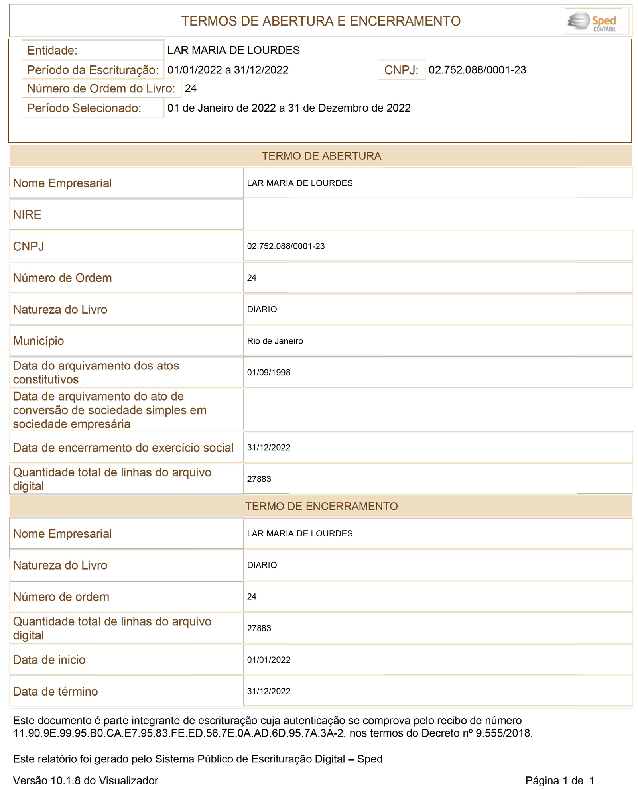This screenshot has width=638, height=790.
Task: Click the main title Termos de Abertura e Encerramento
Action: tap(321, 21)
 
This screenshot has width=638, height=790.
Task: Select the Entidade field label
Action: tap(52, 51)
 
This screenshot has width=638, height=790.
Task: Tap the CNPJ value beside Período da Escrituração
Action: tap(477, 70)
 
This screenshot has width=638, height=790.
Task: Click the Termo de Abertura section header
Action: tap(321, 156)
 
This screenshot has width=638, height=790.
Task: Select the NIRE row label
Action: tap(27, 214)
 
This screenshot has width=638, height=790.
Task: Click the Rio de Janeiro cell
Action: tap(275, 341)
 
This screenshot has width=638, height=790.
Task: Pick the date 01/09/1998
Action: tap(268, 372)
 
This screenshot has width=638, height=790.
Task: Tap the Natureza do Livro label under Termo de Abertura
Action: tap(60, 309)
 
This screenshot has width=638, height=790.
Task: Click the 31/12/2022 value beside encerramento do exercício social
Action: tap(268, 448)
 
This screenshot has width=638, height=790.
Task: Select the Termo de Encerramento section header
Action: tap(321, 506)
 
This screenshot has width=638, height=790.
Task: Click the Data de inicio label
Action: tap(49, 660)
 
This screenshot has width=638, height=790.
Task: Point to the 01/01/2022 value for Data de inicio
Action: tap(268, 660)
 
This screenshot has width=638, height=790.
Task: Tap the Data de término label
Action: tap(55, 691)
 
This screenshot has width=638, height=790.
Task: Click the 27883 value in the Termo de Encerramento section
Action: tap(259, 628)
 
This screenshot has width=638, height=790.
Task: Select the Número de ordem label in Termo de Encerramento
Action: tap(61, 597)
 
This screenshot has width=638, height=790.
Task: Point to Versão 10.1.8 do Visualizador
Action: tap(85, 780)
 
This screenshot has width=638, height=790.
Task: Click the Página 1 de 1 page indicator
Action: tap(559, 780)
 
